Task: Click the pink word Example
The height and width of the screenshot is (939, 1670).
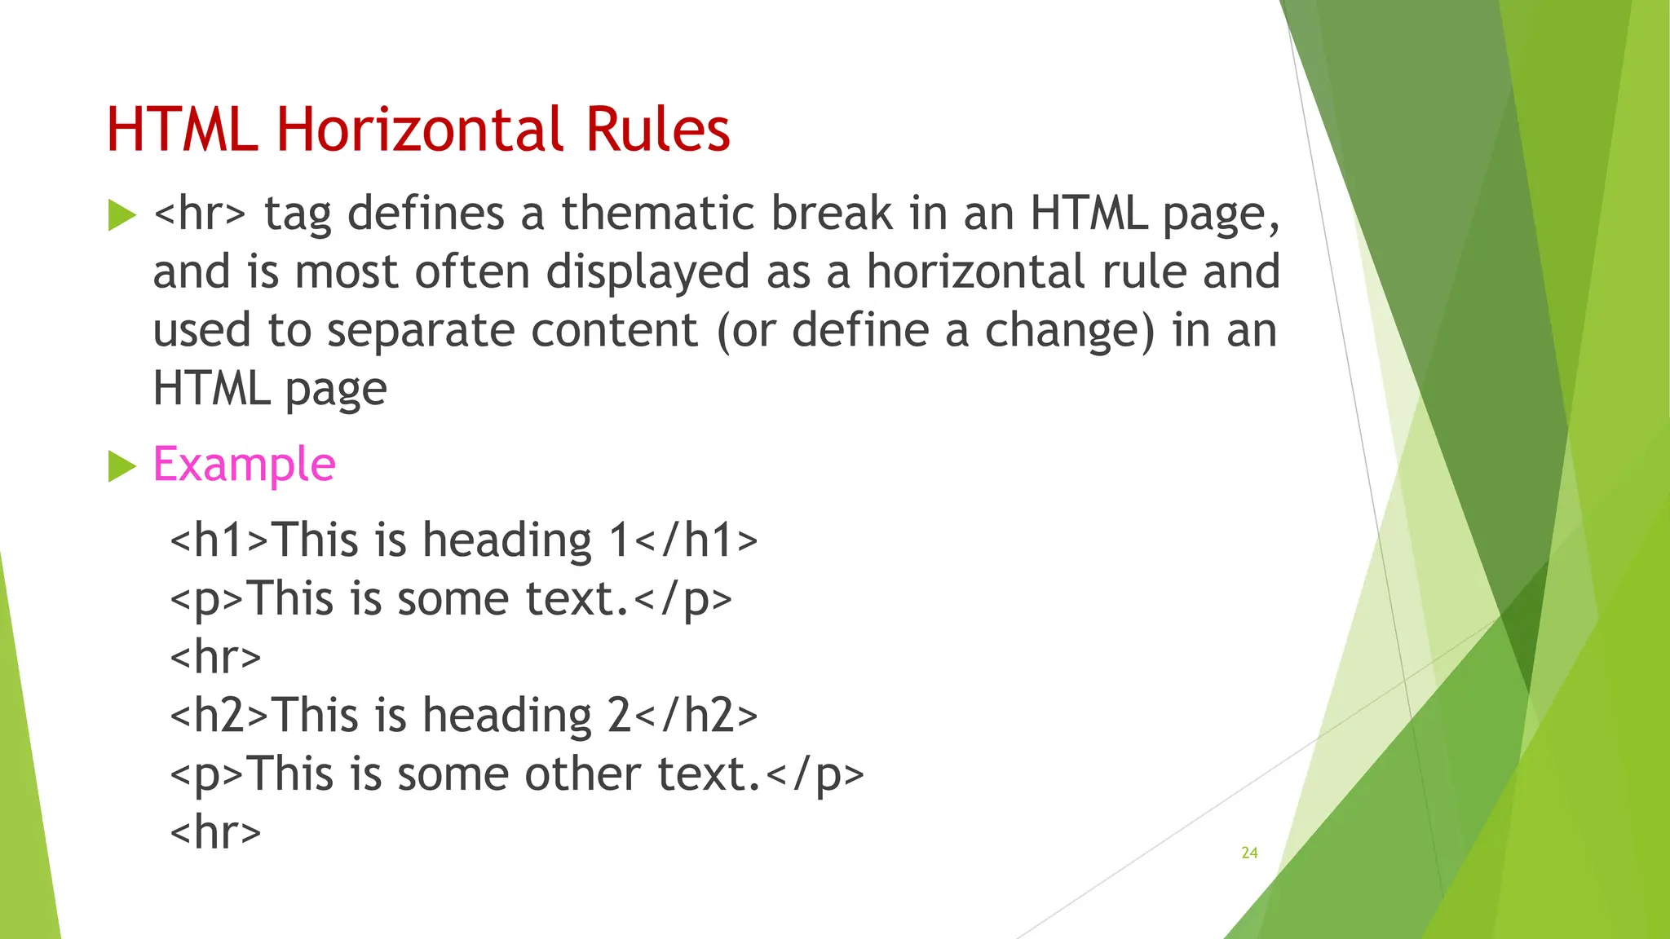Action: click(x=244, y=465)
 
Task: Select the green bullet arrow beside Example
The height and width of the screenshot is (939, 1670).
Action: click(x=121, y=467)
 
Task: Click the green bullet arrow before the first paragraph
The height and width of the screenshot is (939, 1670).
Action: click(x=121, y=216)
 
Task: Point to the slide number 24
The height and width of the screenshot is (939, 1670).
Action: click(x=1249, y=853)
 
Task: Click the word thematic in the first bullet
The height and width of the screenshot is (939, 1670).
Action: click(x=657, y=214)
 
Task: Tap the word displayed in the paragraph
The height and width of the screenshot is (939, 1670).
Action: click(x=647, y=272)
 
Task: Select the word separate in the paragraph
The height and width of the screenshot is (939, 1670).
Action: click(x=420, y=331)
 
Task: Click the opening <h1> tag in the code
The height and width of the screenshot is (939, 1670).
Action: click(x=219, y=540)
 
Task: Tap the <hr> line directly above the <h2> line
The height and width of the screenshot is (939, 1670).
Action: click(x=215, y=657)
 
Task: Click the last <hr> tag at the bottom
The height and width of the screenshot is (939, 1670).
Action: click(x=215, y=832)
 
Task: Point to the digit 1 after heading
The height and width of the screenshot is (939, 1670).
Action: click(x=619, y=540)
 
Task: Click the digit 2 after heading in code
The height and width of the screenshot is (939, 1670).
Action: click(x=619, y=716)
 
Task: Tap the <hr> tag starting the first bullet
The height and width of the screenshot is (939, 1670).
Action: click(x=199, y=214)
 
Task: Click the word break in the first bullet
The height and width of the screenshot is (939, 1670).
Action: click(x=832, y=214)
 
